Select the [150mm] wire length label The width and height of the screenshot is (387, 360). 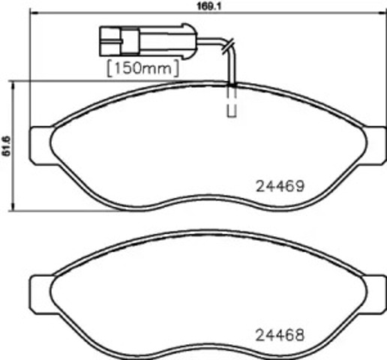point(142,69)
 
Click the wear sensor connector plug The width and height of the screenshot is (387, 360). point(124,39)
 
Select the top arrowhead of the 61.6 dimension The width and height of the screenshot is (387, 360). point(14,85)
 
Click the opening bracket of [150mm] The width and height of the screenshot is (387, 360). point(110,69)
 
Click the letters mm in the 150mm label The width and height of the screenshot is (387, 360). point(160,69)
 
